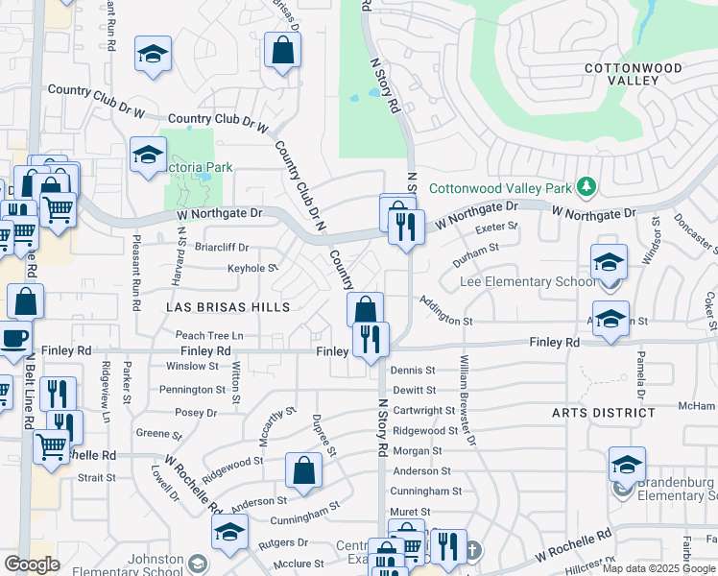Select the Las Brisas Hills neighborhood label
228,307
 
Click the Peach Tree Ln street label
209,335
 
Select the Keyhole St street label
252,269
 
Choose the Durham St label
475,248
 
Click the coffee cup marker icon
13,339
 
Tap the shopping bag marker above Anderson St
303,470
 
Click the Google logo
32,564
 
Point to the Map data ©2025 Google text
658,568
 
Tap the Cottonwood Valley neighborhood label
633,74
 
